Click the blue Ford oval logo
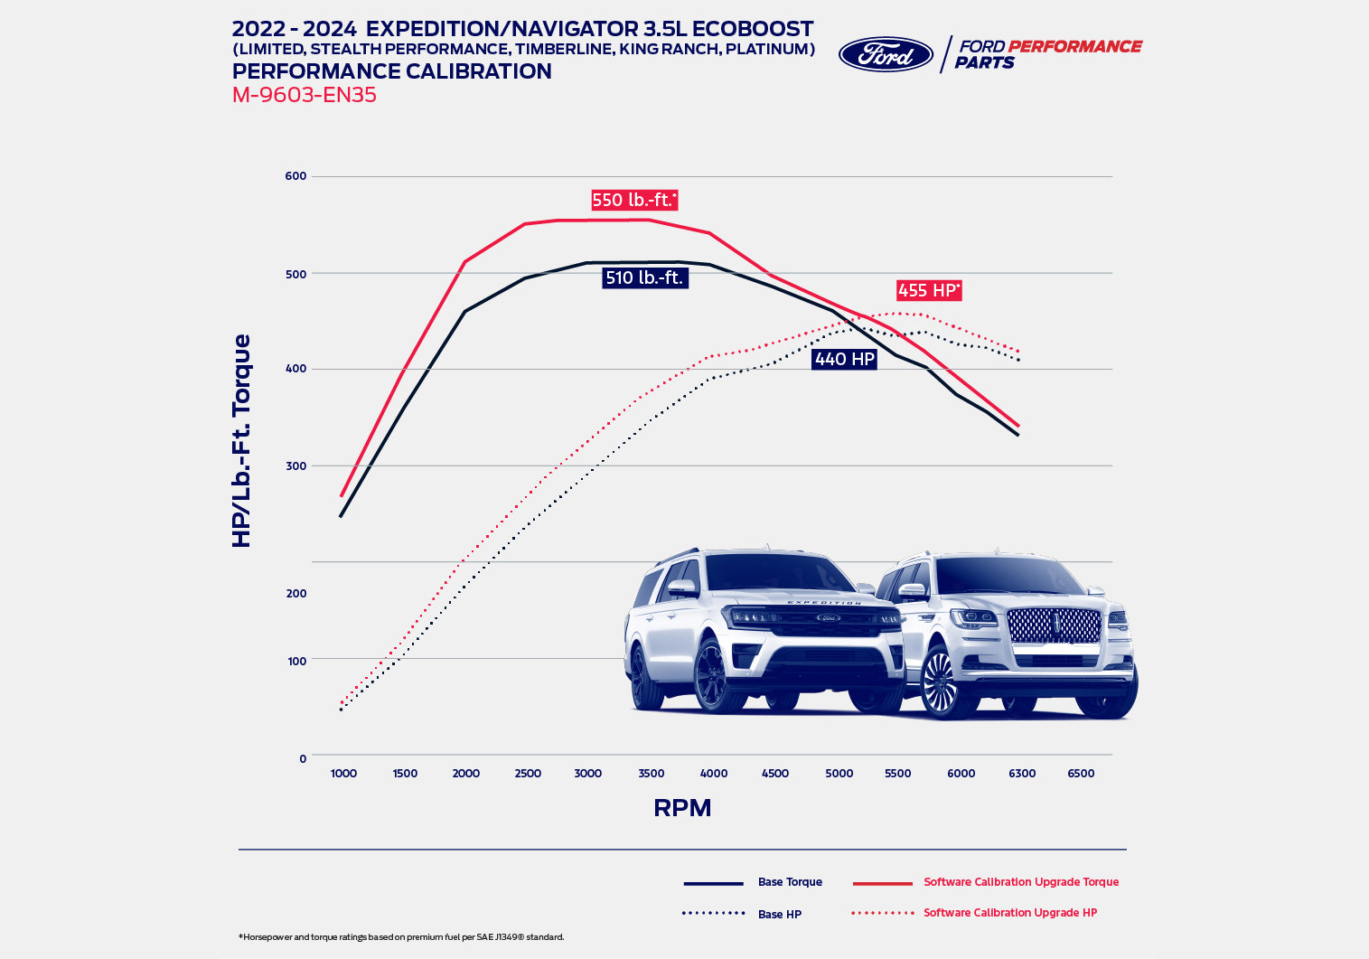886,54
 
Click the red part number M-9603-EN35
304,95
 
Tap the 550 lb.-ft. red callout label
634,200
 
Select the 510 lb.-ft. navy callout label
644,277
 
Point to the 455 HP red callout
929,290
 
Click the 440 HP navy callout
844,359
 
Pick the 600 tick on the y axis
296,176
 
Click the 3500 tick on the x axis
651,773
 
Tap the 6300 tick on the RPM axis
1022,773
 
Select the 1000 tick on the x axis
343,773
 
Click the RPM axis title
682,807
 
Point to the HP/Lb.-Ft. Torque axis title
241,440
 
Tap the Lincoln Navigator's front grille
1054,625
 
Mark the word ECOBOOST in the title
753,29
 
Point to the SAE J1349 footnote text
401,937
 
